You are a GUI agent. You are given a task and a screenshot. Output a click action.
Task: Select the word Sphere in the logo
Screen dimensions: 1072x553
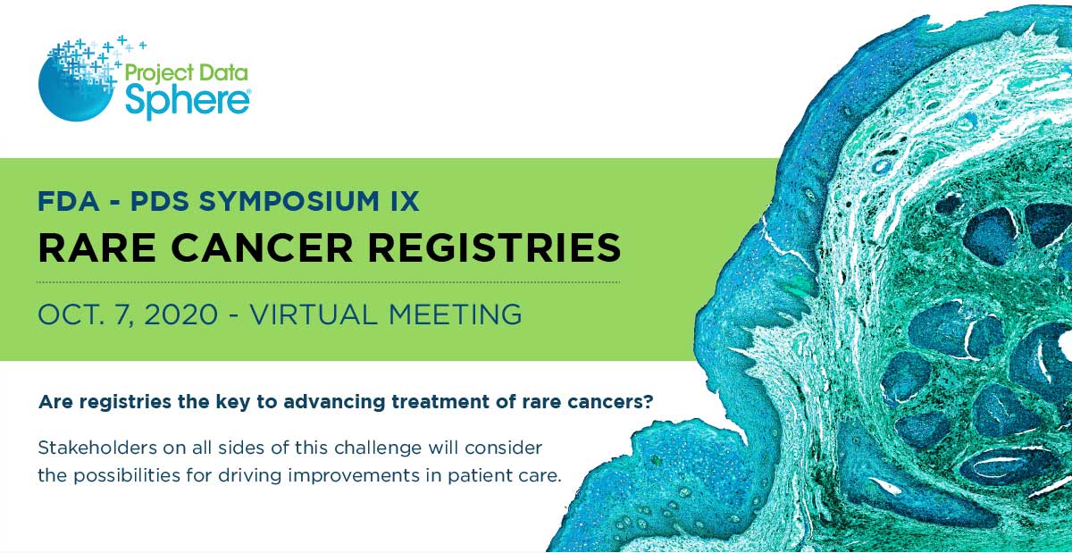(188, 100)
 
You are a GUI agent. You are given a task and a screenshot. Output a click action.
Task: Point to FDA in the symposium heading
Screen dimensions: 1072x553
(69, 201)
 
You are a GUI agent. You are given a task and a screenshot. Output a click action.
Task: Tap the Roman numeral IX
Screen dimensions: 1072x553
(405, 201)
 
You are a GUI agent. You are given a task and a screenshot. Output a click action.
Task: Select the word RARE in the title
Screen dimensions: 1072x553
(96, 247)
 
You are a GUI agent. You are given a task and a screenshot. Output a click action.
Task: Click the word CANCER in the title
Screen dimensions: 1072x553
(262, 247)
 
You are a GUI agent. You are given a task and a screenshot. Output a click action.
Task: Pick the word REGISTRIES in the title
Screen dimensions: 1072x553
(494, 247)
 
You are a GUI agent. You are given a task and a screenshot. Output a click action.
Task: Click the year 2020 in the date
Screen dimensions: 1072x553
(180, 314)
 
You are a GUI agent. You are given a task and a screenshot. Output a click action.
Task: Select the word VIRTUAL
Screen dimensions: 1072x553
(314, 314)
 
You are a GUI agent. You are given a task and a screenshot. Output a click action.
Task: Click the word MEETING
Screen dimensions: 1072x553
(455, 314)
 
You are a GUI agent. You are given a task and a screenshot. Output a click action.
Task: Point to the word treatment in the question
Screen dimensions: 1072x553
(440, 402)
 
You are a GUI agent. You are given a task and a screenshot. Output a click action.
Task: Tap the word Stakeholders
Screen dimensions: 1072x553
(97, 448)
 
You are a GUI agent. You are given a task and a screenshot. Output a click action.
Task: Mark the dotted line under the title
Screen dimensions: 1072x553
(329, 282)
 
